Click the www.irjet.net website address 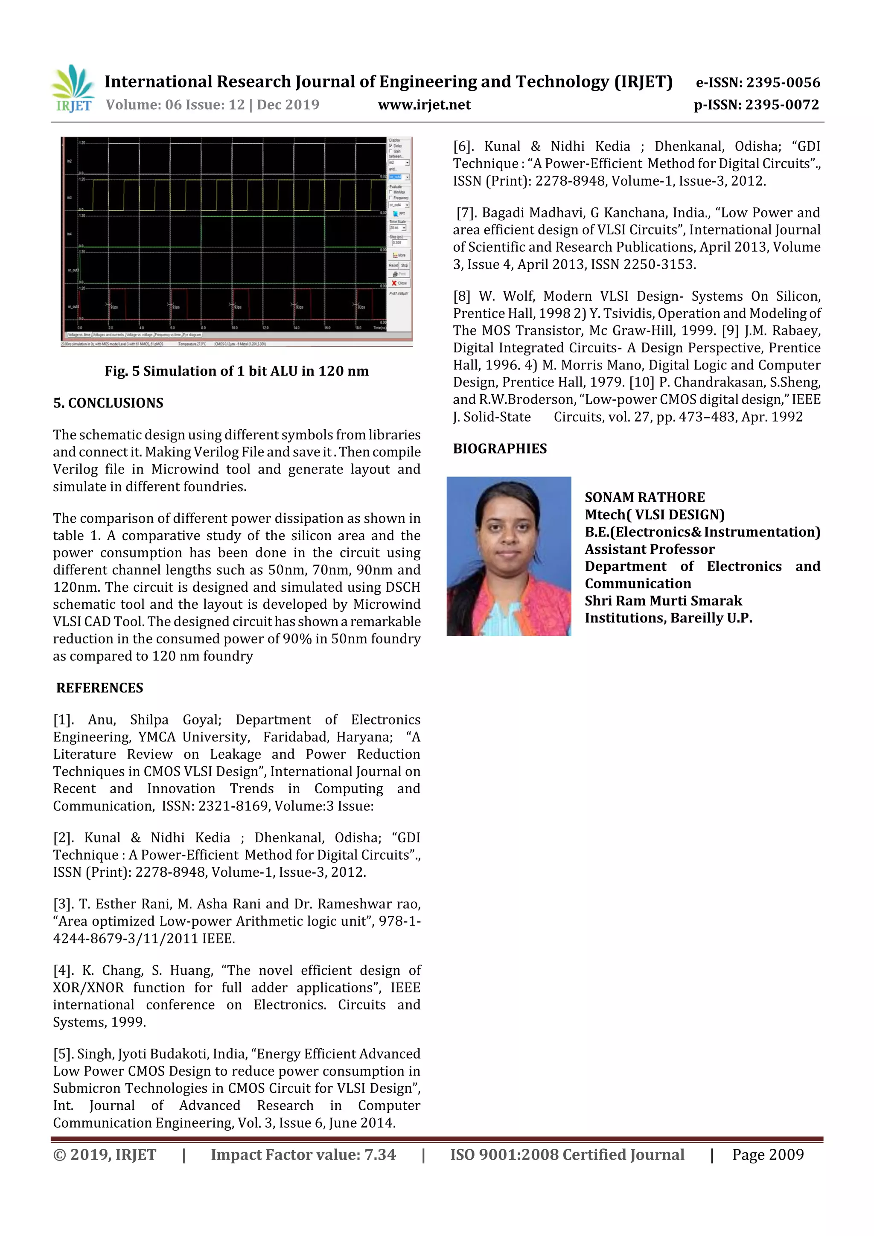point(424,105)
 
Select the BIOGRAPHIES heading point(499,448)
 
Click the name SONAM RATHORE point(644,497)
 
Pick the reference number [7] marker point(466,212)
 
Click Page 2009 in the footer point(767,1155)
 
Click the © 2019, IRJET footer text point(105,1155)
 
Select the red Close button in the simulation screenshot point(399,282)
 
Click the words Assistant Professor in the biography point(650,549)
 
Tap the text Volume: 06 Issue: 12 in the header point(175,105)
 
